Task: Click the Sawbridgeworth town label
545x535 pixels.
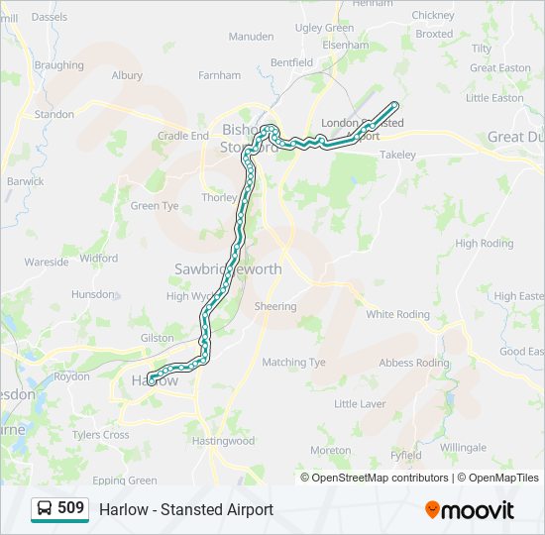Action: pos(228,269)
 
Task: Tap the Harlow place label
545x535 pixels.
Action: pos(156,380)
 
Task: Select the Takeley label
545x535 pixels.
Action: pos(397,156)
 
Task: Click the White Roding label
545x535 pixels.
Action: pos(397,314)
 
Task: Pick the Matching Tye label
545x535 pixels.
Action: pos(293,363)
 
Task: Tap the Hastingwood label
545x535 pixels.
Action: pos(223,441)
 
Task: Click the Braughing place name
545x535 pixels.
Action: pos(58,65)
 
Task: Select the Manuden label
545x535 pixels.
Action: pos(251,37)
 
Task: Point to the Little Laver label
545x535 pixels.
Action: pos(359,404)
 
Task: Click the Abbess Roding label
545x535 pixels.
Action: pos(413,363)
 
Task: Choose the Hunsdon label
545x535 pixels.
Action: pos(93,294)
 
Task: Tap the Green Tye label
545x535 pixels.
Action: pos(155,206)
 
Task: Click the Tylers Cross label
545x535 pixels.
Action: pos(100,435)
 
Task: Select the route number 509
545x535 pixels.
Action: pos(70,508)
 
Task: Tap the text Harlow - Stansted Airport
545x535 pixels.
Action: pos(185,510)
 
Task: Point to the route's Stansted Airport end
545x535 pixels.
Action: pos(395,104)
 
